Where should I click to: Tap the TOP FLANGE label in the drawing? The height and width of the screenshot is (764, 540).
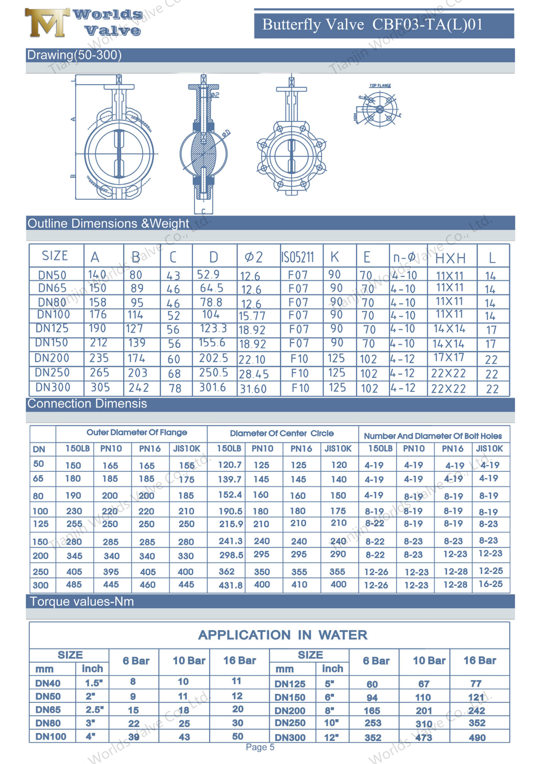tap(380, 86)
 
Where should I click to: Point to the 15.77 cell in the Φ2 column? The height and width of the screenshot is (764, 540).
tap(252, 315)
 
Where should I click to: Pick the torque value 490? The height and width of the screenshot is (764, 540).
tap(477, 738)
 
